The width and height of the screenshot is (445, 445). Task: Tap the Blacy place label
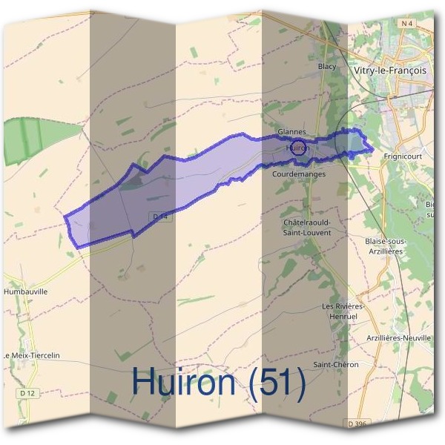[x=327, y=67]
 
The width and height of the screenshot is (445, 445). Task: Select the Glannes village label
[x=291, y=131]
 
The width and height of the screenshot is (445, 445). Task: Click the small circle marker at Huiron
[x=297, y=147]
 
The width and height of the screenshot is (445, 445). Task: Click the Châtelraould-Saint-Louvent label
[x=307, y=227]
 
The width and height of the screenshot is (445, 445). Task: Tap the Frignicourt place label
[x=403, y=157]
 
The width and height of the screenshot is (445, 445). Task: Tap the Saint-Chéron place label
[x=335, y=364]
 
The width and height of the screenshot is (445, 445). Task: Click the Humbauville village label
[x=26, y=291]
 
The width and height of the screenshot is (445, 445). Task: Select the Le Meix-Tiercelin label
[x=30, y=356]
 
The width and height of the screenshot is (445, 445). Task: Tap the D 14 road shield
[x=156, y=216]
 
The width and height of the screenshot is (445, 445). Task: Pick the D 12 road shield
[x=28, y=392]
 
